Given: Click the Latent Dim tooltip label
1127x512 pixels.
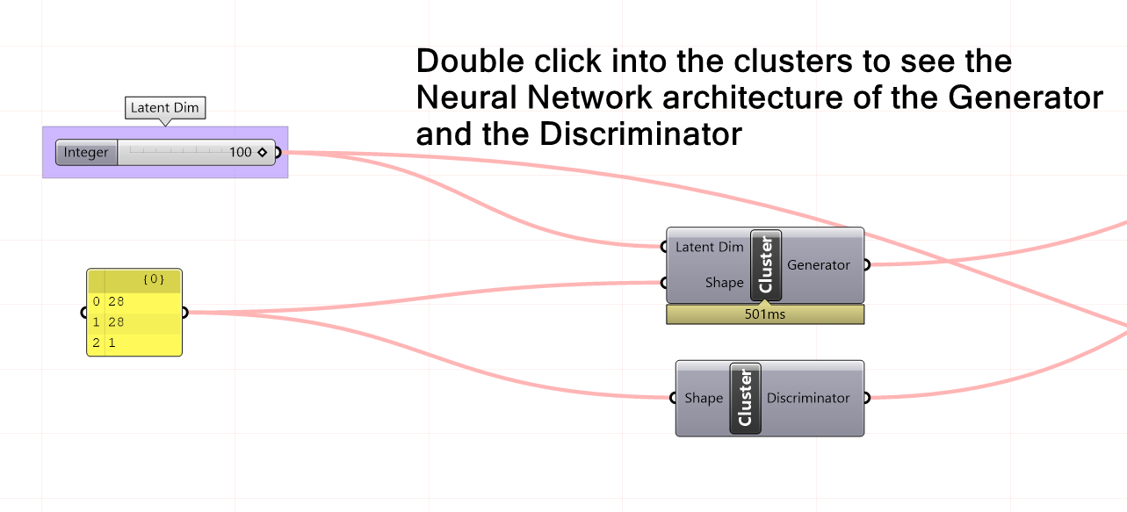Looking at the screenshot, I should click(x=165, y=108).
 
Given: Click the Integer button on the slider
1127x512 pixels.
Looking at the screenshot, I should click(x=86, y=153).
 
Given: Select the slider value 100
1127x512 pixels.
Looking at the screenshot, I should click(x=240, y=153).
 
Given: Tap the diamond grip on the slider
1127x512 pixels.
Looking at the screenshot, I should click(x=262, y=153).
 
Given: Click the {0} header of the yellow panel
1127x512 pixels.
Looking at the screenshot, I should click(x=153, y=280).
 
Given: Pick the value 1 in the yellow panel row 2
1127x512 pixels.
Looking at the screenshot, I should click(x=112, y=343).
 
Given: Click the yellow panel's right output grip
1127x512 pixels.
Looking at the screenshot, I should click(x=184, y=312).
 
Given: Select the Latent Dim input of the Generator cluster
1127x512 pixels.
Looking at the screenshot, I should click(x=708, y=247).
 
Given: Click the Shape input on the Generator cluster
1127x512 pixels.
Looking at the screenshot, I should click(x=724, y=283).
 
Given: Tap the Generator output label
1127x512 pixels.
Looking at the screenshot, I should click(x=818, y=264).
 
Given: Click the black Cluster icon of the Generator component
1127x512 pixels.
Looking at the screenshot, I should click(x=765, y=264).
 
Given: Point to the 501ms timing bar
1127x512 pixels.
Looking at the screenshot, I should click(x=765, y=314).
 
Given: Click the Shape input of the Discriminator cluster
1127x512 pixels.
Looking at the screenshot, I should click(x=703, y=398).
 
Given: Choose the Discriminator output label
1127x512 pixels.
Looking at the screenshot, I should click(x=807, y=398).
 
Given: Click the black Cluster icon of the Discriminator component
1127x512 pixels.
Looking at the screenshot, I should click(x=745, y=398).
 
